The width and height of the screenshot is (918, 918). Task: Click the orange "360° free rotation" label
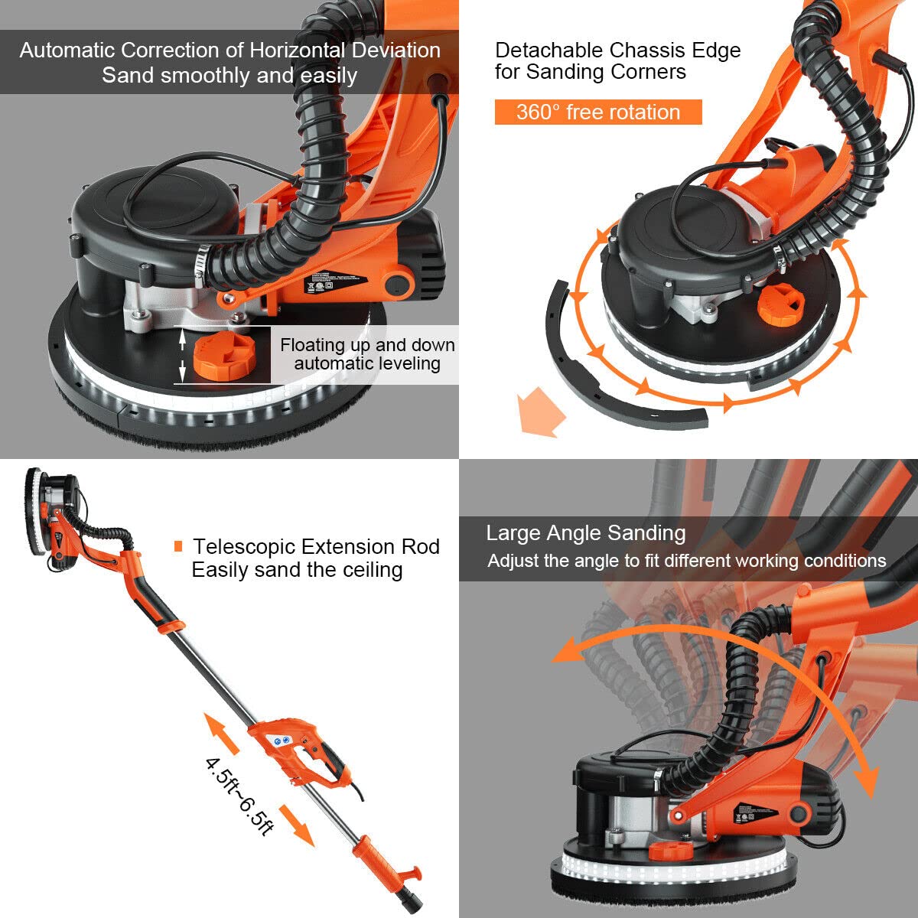tap(597, 112)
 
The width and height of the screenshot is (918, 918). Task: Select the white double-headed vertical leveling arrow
tap(181, 355)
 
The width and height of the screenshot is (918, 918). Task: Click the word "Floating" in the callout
tap(313, 345)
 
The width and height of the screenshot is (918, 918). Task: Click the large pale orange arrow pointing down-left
tap(539, 412)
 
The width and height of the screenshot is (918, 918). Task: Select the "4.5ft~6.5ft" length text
tap(239, 796)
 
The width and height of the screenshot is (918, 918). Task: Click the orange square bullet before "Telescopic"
tap(178, 546)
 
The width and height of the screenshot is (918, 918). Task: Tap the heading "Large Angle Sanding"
tap(585, 533)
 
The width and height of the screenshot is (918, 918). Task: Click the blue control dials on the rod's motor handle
tap(282, 740)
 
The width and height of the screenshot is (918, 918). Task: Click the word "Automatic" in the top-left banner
tap(67, 50)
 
